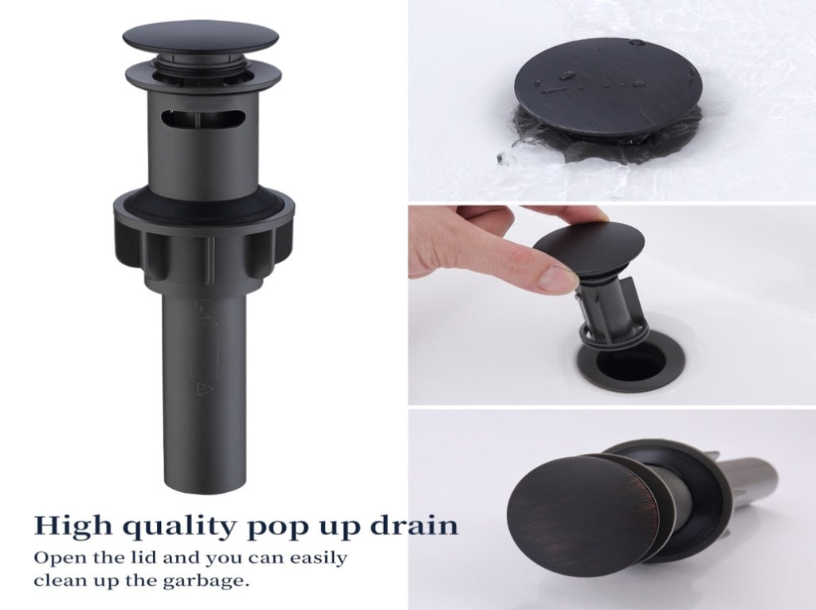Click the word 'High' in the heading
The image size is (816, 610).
tap(73, 526)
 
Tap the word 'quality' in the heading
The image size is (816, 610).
tap(178, 528)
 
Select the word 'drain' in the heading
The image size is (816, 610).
tap(414, 526)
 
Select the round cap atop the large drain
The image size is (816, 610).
tap(201, 37)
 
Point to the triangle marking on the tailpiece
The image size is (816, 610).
tap(202, 389)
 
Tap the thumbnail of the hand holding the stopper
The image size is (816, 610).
tap(612, 305)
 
